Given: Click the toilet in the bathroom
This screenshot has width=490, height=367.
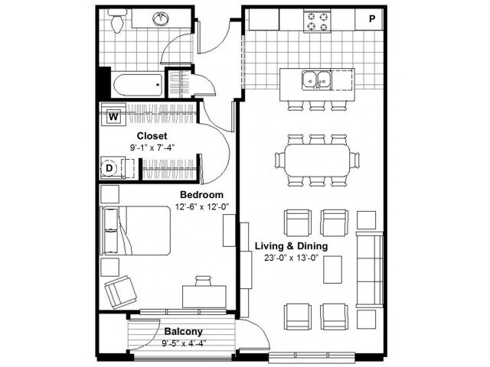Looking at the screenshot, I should [117, 22].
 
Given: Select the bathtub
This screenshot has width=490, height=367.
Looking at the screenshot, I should [132, 82].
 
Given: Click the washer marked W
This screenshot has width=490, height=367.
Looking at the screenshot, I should [113, 117].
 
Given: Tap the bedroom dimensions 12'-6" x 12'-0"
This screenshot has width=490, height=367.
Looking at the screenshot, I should [201, 206].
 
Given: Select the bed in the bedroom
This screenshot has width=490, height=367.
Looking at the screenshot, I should [136, 230].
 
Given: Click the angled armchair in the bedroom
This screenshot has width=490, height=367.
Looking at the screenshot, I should [119, 291].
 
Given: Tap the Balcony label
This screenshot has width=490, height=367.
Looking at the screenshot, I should [184, 331].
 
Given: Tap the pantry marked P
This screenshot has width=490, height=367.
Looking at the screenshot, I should [372, 19].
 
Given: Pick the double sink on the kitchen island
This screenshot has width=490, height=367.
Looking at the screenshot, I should [315, 78].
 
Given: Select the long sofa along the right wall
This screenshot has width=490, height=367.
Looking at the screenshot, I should [369, 269].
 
